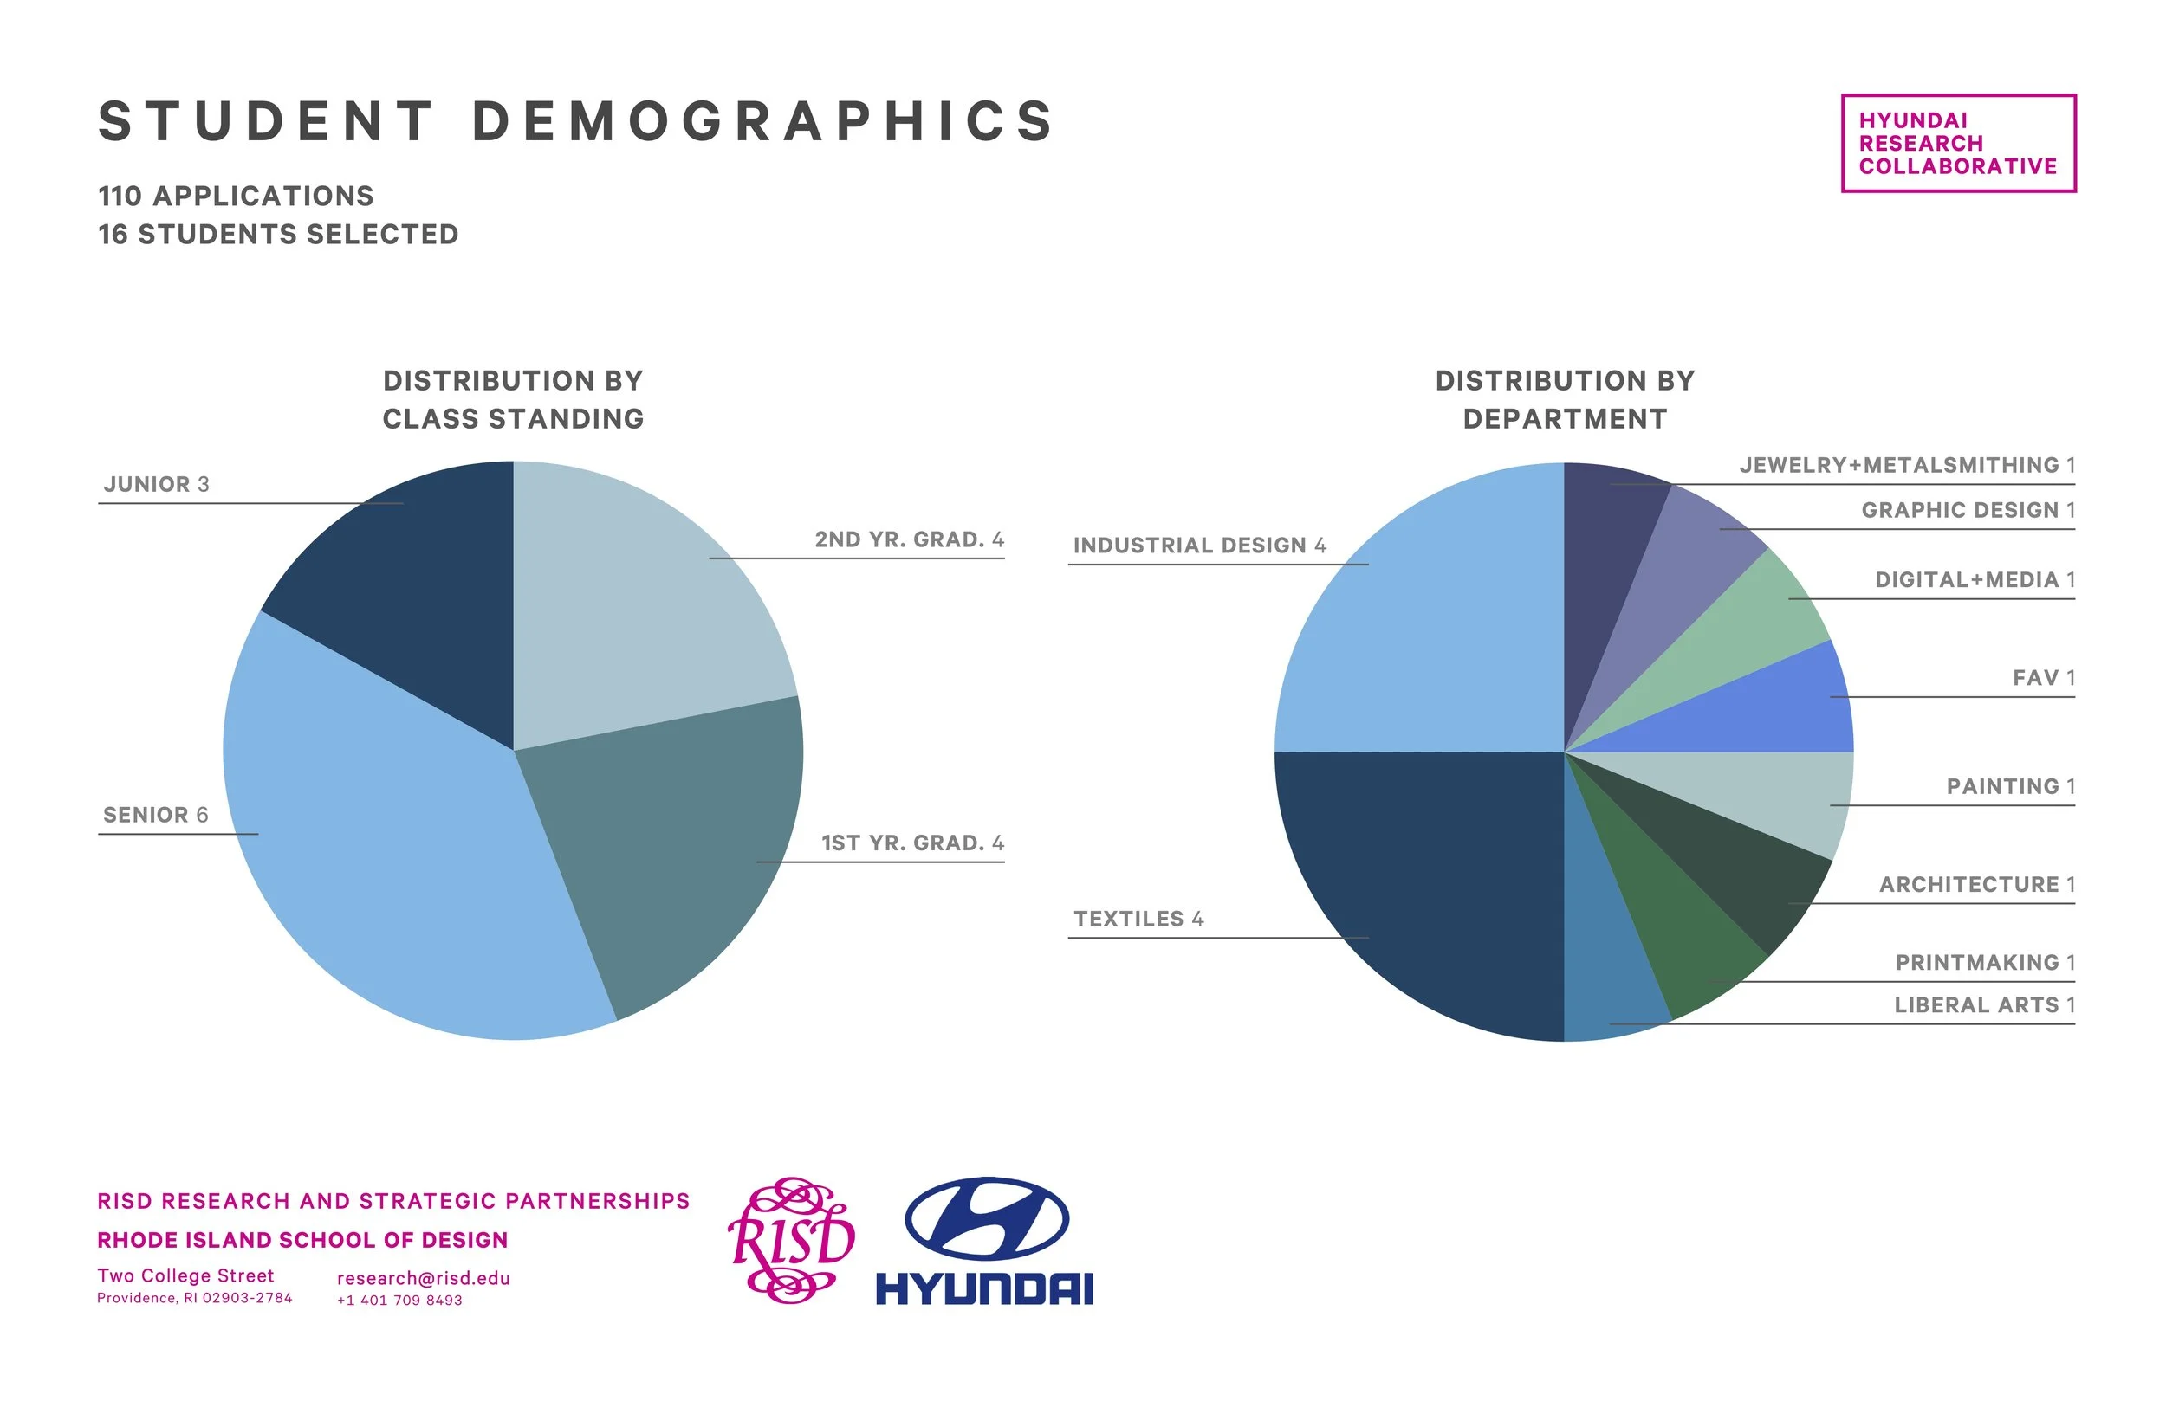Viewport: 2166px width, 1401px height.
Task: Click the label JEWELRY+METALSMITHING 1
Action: (1907, 466)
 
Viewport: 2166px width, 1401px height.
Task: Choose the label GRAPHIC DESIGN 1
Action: (1968, 510)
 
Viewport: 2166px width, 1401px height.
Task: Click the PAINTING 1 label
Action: (2009, 787)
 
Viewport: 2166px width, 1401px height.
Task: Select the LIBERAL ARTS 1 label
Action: (1984, 1005)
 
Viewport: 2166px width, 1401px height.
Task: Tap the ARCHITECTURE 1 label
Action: (1977, 885)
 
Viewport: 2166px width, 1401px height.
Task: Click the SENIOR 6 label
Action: (156, 815)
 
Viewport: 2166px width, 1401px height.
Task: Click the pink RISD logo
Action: (790, 1240)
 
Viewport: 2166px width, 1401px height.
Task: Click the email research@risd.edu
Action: (423, 1278)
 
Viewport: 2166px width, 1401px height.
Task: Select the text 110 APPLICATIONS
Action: (236, 197)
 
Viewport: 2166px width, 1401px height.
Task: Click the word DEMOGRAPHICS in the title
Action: (762, 122)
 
